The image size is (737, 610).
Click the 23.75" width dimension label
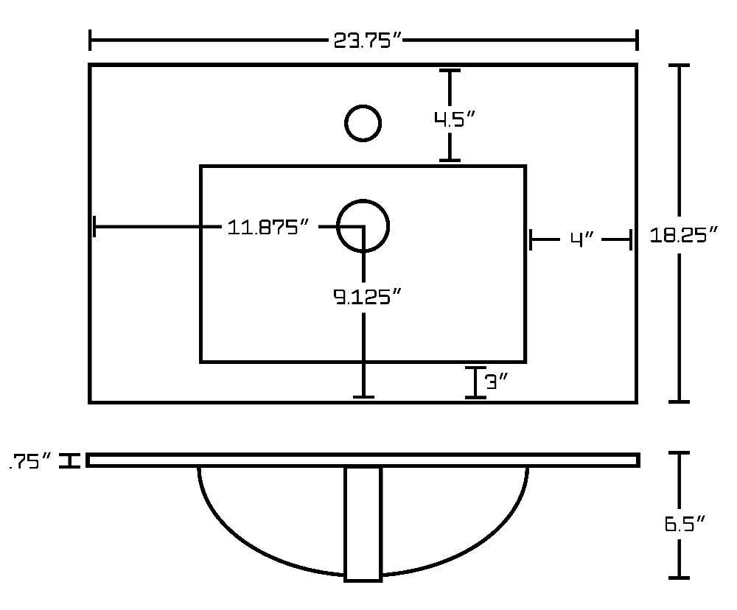coord(368,41)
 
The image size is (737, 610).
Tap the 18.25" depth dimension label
coord(684,234)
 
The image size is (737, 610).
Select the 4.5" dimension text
coord(455,119)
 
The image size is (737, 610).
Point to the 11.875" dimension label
coord(268,228)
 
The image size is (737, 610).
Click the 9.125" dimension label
coord(368,297)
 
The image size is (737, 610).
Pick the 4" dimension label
coord(582,239)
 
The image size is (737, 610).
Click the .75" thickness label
coord(30,461)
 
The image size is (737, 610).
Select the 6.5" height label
coord(685,524)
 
